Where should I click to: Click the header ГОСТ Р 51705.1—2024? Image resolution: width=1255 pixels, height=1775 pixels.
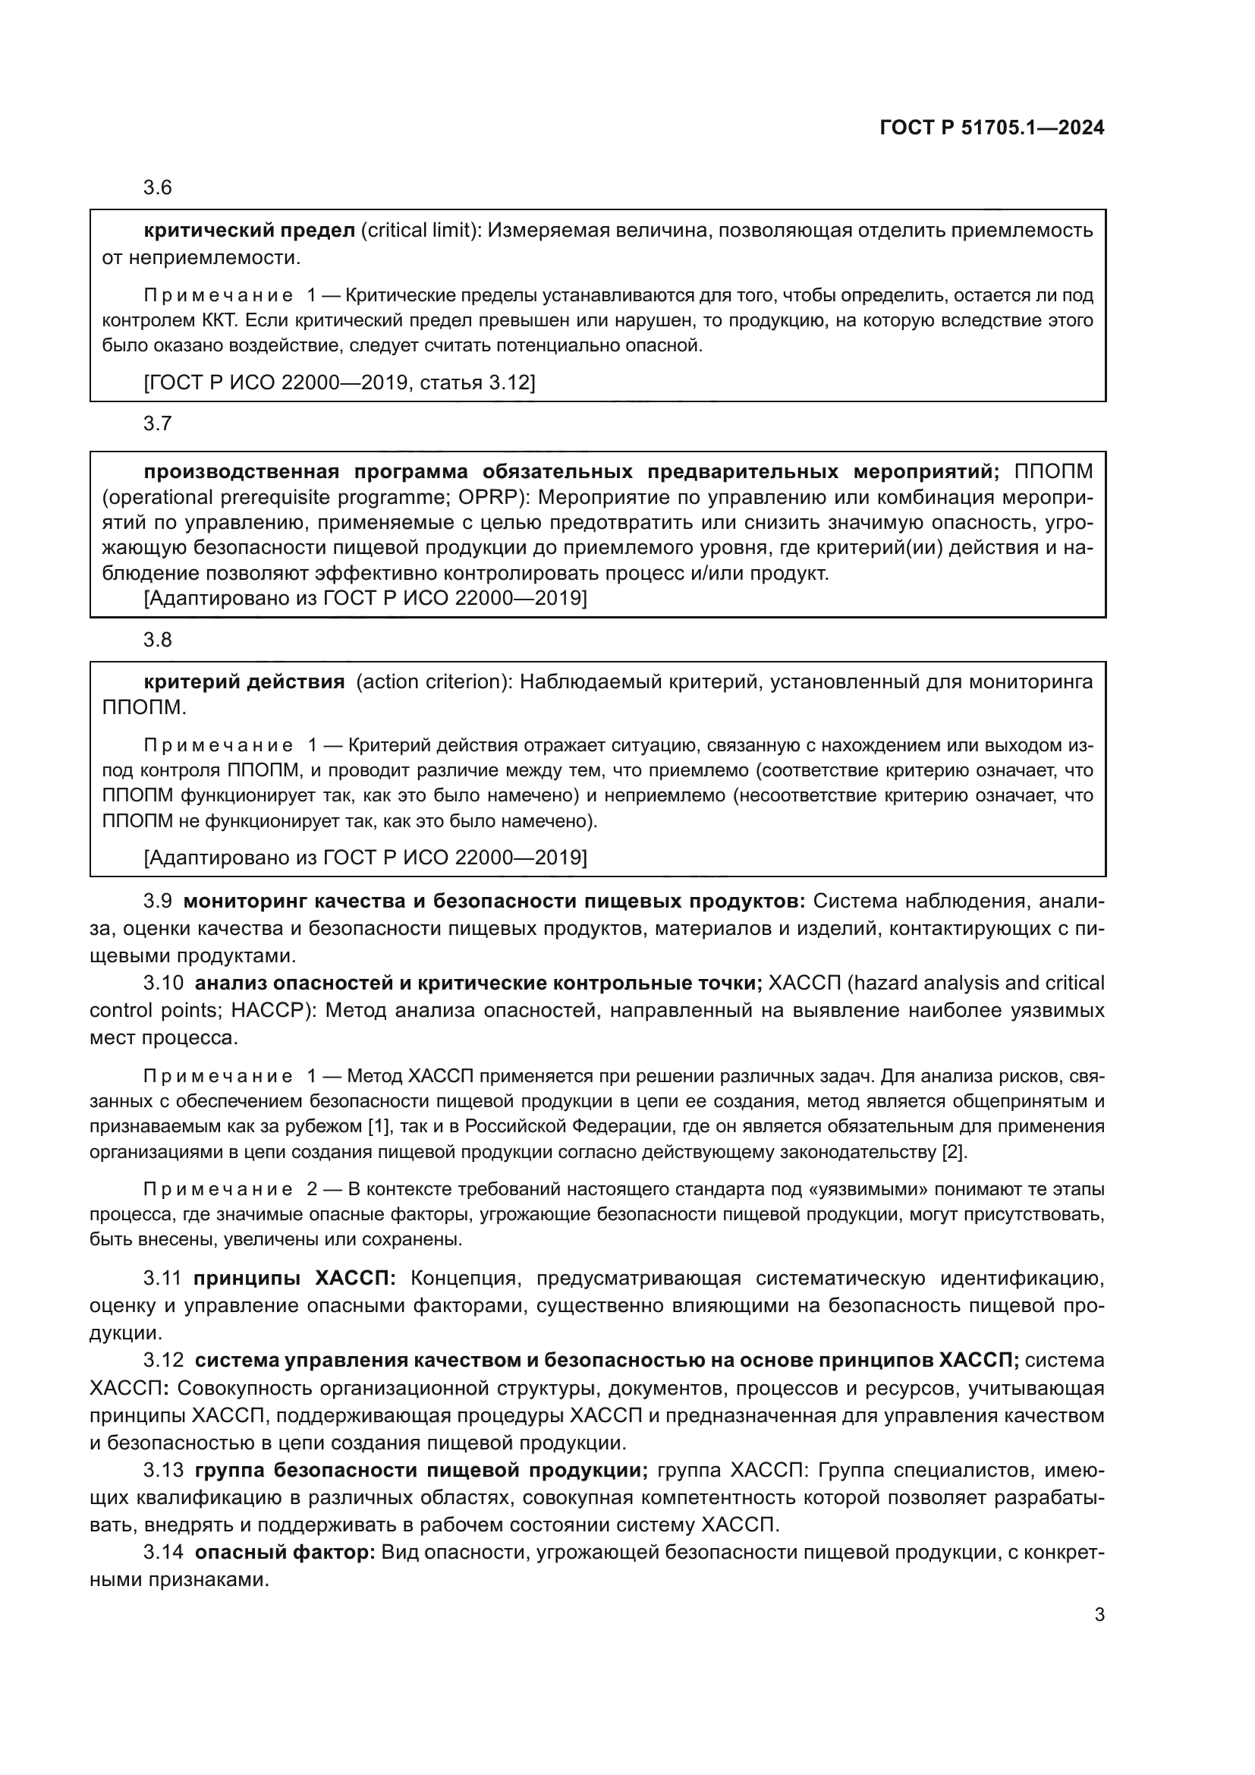[992, 128]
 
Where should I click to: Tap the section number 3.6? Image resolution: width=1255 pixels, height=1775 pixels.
[158, 188]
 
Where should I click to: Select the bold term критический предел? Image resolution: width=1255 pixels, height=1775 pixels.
[249, 231]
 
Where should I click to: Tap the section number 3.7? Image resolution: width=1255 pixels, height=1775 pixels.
[158, 423]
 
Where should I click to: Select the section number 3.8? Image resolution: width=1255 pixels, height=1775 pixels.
[158, 640]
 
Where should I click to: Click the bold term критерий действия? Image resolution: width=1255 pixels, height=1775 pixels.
[244, 682]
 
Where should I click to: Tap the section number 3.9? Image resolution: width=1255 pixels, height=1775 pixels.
[158, 902]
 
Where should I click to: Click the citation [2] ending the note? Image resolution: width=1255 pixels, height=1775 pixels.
[953, 1152]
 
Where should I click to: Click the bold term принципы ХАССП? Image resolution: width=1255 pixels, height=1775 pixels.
[294, 1278]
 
